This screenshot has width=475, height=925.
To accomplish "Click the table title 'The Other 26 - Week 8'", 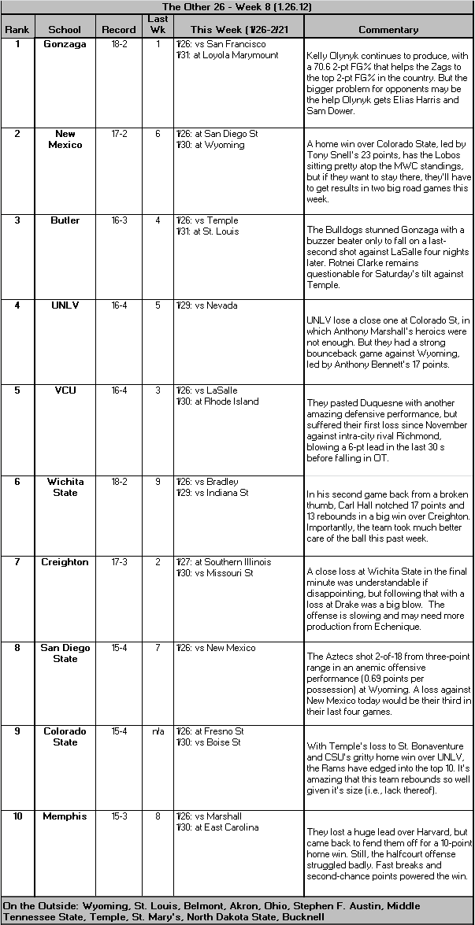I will coord(237,6).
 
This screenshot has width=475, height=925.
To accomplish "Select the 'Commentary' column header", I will coord(388,30).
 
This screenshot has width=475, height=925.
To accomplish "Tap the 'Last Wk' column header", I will coord(158,24).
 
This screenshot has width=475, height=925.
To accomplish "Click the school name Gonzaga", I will coord(65,44).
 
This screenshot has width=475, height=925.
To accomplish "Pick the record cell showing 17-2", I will coord(119,134).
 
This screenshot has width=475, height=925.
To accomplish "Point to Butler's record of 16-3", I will coord(119,220).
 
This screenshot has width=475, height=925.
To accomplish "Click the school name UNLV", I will coord(65,305).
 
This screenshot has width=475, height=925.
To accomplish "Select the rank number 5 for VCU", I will coord(17,390).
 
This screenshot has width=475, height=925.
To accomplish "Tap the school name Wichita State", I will coord(65,487).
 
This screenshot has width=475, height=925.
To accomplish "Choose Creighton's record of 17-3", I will coord(119,562).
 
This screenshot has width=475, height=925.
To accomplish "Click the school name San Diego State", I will coord(65,653).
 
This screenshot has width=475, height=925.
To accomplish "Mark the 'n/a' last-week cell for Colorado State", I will coord(158,731).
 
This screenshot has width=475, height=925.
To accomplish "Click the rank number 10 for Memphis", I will coord(17,816).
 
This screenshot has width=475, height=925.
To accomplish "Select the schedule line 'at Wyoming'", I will coord(225,145).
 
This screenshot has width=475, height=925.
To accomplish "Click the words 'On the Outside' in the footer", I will coord(35,906).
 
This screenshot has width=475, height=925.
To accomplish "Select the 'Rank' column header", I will coord(17,30).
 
